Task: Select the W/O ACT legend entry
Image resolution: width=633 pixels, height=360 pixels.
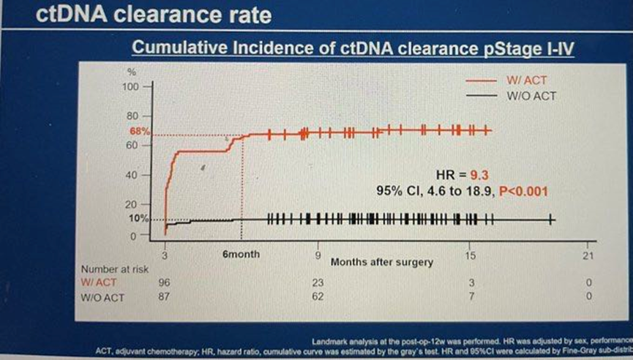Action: click(x=526, y=95)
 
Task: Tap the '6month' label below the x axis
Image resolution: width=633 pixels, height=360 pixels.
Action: click(x=241, y=255)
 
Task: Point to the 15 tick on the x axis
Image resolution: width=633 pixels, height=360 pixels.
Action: click(x=470, y=255)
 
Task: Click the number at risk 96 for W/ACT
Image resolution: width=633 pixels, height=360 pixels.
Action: click(x=164, y=282)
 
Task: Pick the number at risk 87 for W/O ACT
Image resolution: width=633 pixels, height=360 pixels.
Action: click(x=164, y=296)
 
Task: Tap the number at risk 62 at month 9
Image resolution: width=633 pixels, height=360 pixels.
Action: click(x=318, y=296)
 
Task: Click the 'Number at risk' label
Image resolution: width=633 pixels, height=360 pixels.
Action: click(x=110, y=269)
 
